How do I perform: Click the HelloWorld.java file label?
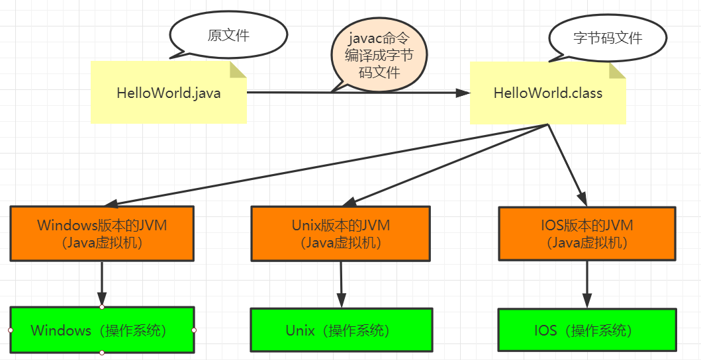168,93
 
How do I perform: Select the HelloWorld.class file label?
547,93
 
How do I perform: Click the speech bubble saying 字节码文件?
607,38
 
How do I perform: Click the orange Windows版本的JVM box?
102,234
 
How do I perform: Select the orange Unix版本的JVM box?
341,234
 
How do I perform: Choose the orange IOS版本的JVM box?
586,234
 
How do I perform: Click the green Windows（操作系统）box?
102,330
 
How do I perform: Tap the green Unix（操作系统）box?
341,330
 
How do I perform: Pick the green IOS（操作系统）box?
586,330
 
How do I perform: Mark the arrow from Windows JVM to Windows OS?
102,283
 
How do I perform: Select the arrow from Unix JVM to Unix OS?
341,284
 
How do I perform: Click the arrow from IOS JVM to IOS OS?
586,284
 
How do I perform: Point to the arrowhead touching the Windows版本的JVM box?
112,203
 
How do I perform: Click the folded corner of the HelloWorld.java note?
239,69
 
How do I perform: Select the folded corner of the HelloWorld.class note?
618,70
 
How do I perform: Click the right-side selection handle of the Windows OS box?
194,330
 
